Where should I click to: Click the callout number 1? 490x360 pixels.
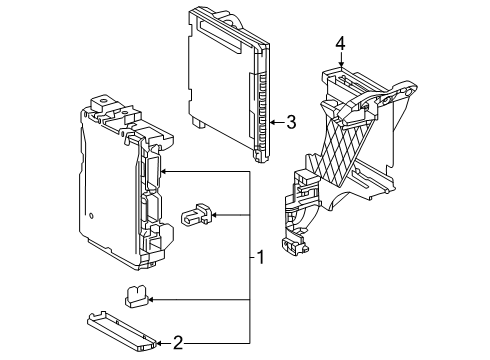(260, 257)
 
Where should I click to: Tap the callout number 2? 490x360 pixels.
(178, 344)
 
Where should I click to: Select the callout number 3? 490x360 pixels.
(291, 122)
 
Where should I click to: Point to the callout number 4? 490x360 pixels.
(341, 44)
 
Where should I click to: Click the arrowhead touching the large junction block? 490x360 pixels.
(163, 172)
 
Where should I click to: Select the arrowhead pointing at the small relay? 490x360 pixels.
(211, 214)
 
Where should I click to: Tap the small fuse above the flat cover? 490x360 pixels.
(137, 296)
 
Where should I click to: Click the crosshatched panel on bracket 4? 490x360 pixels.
(349, 150)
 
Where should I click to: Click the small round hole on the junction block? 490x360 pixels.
(90, 215)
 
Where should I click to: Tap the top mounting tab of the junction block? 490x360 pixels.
(102, 104)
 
